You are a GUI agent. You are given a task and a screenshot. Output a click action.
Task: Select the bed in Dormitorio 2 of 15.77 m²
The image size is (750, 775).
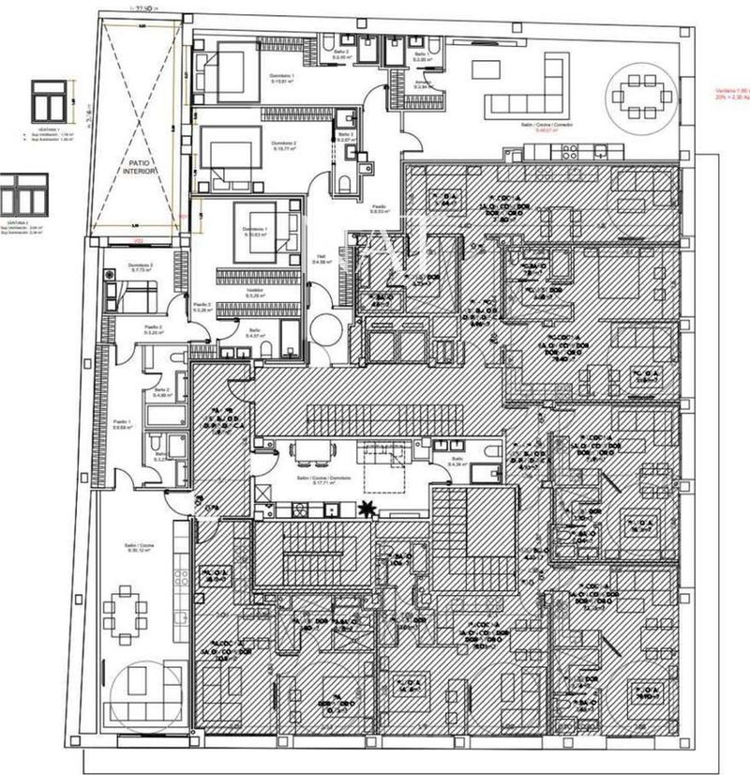click(223, 154)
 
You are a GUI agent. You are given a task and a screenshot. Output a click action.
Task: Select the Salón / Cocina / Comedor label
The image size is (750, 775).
click(549, 124)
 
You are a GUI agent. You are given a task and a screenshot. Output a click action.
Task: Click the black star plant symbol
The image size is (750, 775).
click(368, 509)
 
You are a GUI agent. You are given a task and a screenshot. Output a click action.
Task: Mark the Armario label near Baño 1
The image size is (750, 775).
click(424, 82)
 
